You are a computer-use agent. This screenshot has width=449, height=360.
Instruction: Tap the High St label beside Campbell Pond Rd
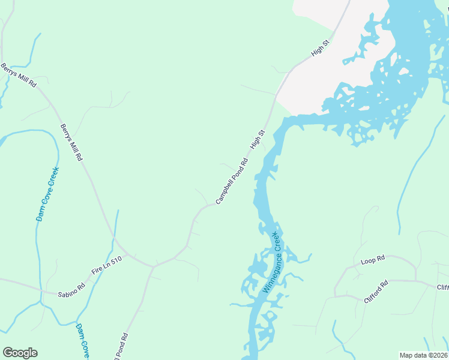click(x=258, y=140)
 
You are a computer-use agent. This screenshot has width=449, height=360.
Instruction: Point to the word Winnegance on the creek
click(x=270, y=270)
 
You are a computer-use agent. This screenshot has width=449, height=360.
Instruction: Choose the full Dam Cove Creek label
click(x=48, y=194)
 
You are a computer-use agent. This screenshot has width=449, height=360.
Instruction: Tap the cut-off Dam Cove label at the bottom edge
click(x=82, y=341)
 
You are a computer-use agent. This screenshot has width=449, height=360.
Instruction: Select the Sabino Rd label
click(x=71, y=291)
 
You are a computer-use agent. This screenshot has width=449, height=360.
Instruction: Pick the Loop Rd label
click(x=372, y=261)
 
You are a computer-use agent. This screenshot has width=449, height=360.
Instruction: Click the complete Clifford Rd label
click(x=376, y=290)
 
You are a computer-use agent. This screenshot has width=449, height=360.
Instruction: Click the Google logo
click(x=20, y=353)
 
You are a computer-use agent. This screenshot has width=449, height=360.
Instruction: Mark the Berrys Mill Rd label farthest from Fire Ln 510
click(x=19, y=76)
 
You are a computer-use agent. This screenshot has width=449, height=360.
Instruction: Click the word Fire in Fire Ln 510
click(x=97, y=272)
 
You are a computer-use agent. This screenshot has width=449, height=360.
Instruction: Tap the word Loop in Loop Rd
click(x=368, y=262)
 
